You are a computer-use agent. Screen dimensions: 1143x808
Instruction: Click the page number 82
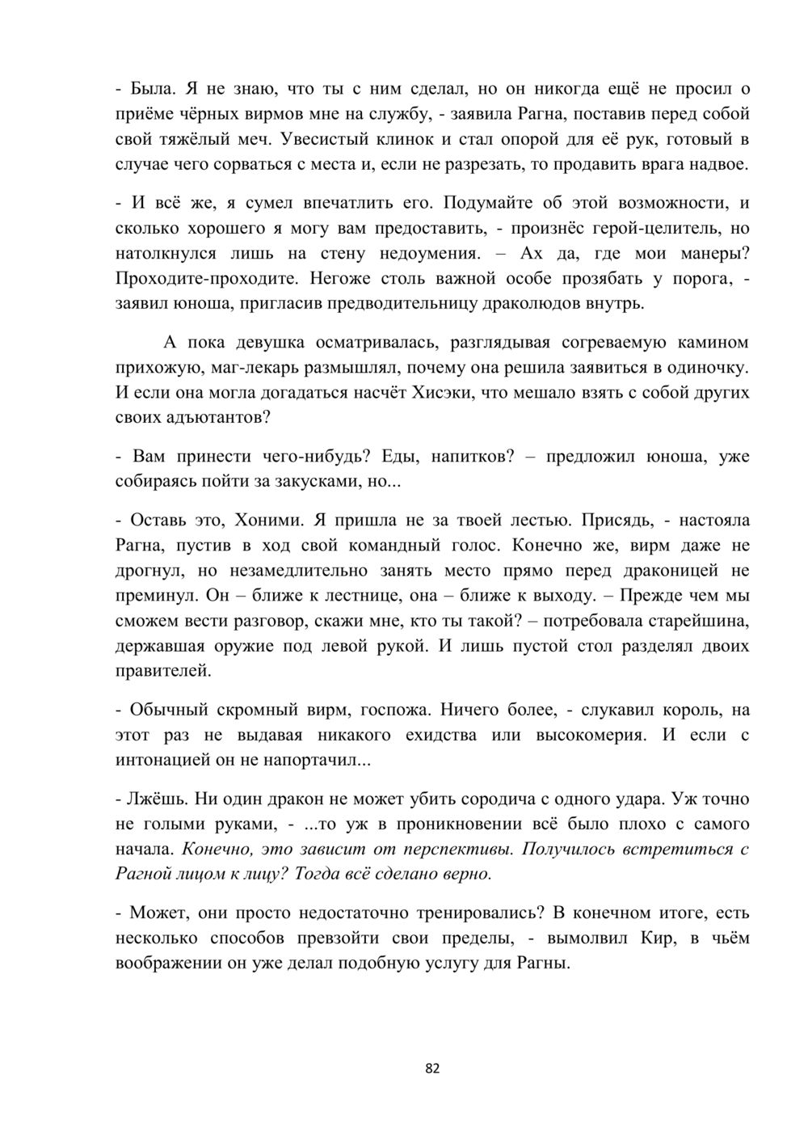click(x=432, y=1069)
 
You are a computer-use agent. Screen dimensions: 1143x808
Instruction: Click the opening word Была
click(x=152, y=88)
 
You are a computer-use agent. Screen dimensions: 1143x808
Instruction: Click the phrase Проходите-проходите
click(x=208, y=279)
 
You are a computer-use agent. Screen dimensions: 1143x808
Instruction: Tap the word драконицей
click(x=668, y=571)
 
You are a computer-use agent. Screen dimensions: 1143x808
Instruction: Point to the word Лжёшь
click(x=161, y=799)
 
